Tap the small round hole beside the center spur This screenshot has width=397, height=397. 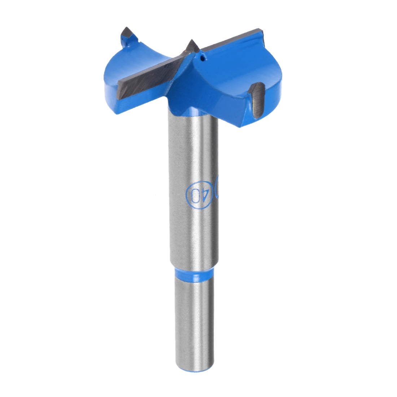point(203,57)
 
